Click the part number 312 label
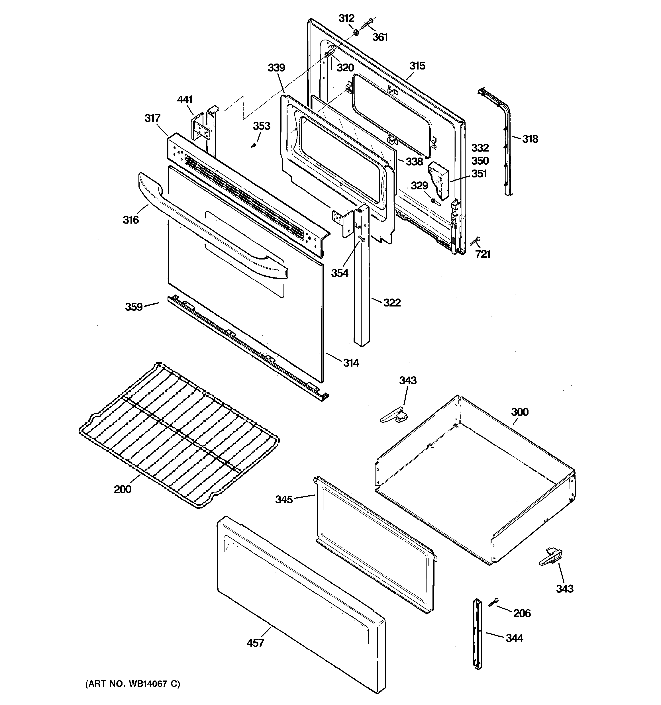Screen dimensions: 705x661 346,18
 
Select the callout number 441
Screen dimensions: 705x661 185,100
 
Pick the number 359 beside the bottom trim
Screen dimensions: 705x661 134,307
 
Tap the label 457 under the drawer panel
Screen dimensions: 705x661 256,643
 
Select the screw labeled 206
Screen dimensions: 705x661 493,602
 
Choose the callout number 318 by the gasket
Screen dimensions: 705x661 530,139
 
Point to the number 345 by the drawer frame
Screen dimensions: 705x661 284,499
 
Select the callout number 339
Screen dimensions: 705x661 276,68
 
